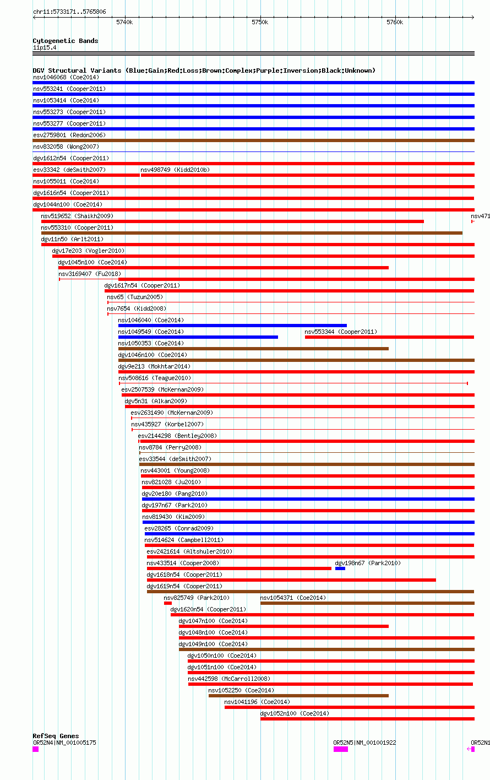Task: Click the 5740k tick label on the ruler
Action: [x=124, y=23]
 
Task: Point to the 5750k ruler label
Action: [x=259, y=23]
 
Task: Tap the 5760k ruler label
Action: [x=395, y=23]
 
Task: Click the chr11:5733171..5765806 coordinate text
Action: [x=69, y=12]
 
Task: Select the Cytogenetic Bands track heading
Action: [x=65, y=41]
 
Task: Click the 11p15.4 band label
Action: [x=45, y=47]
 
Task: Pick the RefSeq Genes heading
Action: [x=56, y=736]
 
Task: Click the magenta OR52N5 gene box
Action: [x=340, y=749]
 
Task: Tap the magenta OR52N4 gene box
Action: [x=35, y=749]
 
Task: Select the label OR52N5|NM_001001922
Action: [x=364, y=743]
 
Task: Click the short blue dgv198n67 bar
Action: [x=340, y=568]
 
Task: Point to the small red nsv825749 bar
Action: [x=167, y=603]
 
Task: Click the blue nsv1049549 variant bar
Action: [x=198, y=337]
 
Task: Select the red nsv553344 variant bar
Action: [x=389, y=337]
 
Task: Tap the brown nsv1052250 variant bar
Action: [x=298, y=696]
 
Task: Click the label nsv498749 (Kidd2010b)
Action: [x=175, y=170]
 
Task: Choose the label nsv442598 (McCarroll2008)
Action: [x=229, y=679]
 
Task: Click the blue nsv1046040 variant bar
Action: [x=232, y=326]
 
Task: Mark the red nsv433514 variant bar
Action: [x=239, y=568]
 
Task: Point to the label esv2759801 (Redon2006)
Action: [x=69, y=135]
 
